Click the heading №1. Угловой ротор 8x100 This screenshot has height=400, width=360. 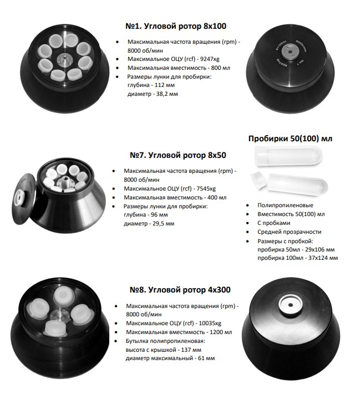[176, 26]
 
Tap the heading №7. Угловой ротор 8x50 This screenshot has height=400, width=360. [178, 155]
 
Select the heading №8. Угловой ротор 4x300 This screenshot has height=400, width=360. [180, 290]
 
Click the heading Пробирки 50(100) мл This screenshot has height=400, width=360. [290, 139]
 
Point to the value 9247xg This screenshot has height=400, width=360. [210, 59]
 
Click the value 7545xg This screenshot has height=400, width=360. [206, 189]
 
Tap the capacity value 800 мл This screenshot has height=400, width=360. [221, 68]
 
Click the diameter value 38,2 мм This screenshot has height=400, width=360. [167, 94]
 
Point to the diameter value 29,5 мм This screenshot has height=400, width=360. [163, 224]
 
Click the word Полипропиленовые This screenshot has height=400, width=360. [285, 206]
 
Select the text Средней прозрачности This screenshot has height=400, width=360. [289, 232]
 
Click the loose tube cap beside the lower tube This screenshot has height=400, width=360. [258, 180]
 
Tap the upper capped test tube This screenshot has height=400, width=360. [288, 156]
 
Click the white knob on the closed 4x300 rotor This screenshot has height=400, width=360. [290, 305]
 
